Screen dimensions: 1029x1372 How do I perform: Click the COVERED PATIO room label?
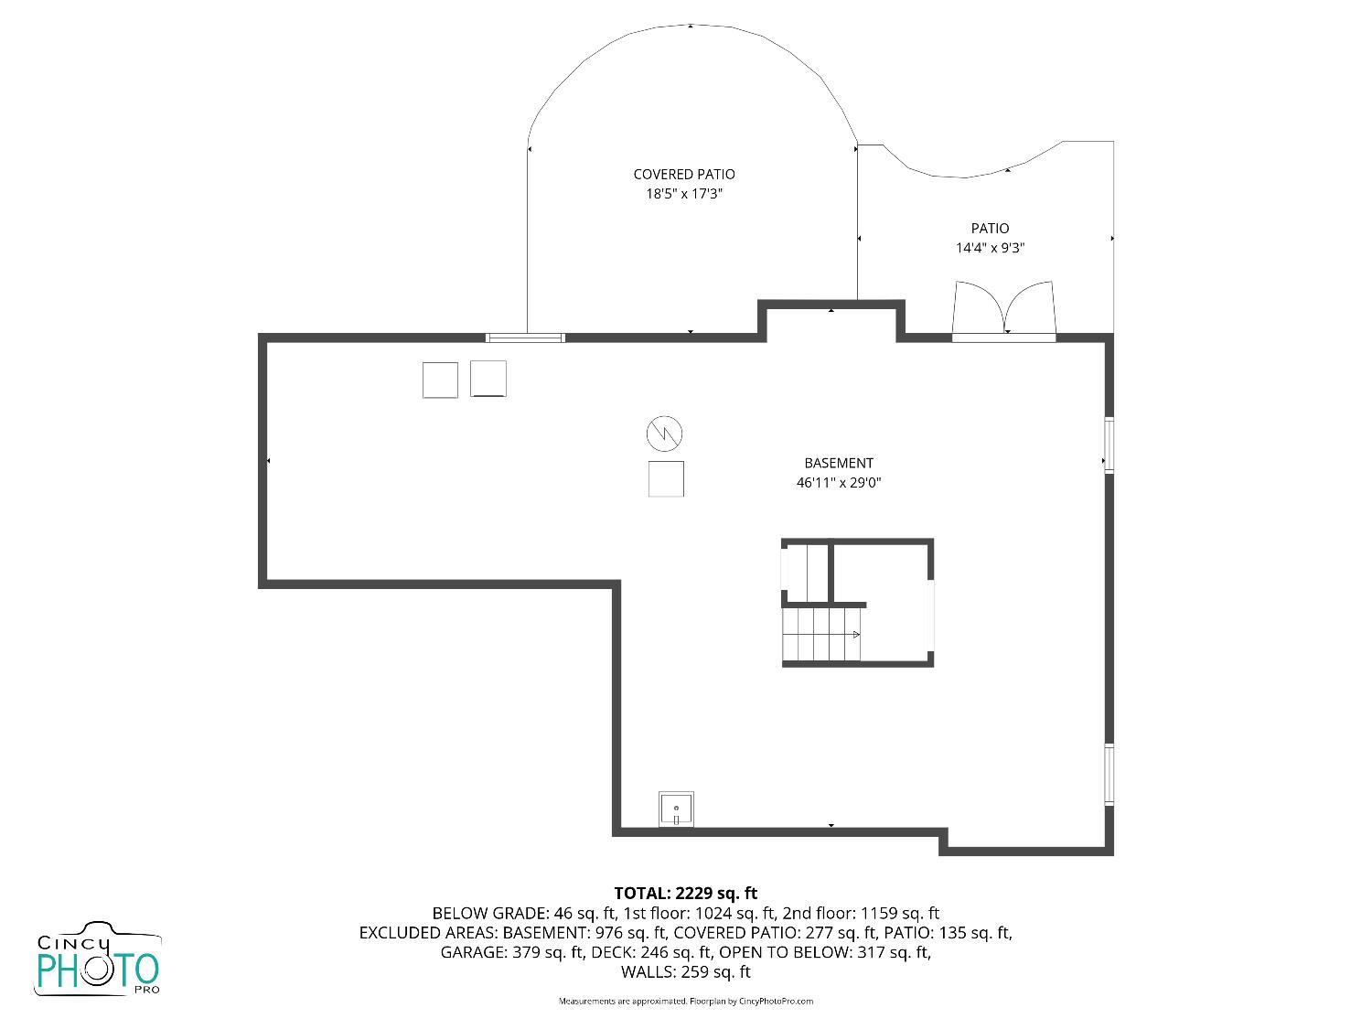click(683, 174)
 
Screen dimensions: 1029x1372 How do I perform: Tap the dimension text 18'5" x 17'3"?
click(683, 194)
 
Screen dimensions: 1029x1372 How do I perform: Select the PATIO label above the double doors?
click(990, 228)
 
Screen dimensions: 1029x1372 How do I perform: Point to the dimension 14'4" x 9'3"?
click(990, 248)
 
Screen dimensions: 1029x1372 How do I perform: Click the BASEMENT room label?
click(838, 463)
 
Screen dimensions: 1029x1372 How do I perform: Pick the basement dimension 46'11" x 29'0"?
click(838, 483)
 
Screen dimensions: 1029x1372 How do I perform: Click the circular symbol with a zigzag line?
click(665, 434)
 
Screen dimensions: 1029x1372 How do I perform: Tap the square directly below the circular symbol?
click(666, 479)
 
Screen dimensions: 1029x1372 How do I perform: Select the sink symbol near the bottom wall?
click(676, 809)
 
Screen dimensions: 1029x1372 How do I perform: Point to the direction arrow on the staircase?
click(856, 634)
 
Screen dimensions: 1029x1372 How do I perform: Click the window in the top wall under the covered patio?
click(525, 338)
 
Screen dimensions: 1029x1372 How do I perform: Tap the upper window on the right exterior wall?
click(1109, 445)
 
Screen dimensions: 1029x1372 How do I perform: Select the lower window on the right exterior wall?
click(1109, 774)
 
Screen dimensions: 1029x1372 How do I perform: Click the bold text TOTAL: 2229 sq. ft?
click(685, 893)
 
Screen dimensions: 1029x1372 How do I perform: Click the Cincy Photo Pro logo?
click(98, 960)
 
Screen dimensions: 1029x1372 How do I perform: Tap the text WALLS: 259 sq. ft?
click(685, 972)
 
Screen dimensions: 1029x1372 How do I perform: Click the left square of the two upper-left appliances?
click(440, 380)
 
